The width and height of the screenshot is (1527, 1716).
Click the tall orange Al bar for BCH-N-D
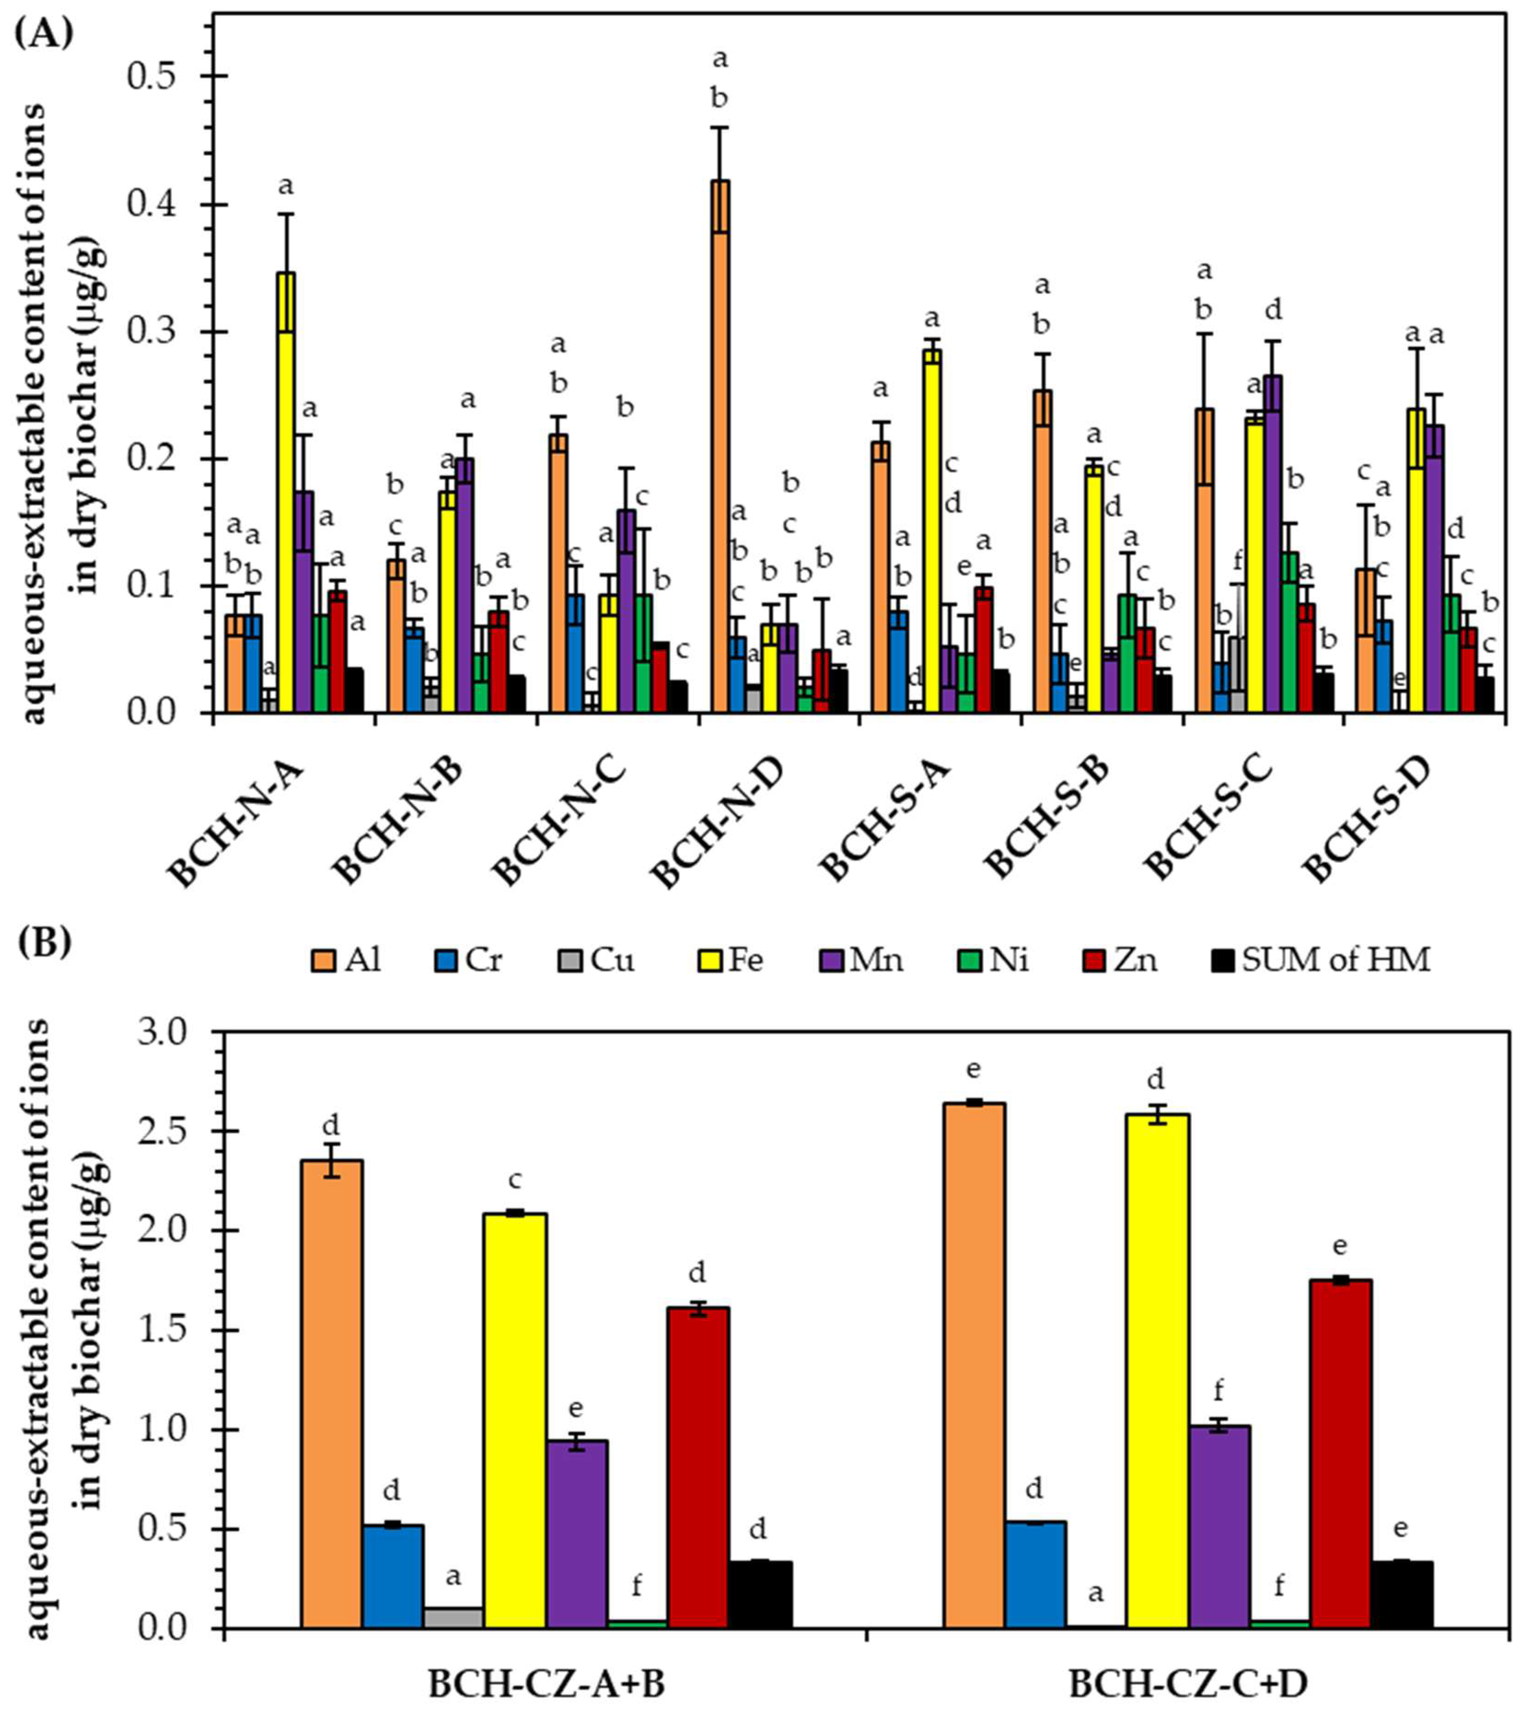[720, 445]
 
